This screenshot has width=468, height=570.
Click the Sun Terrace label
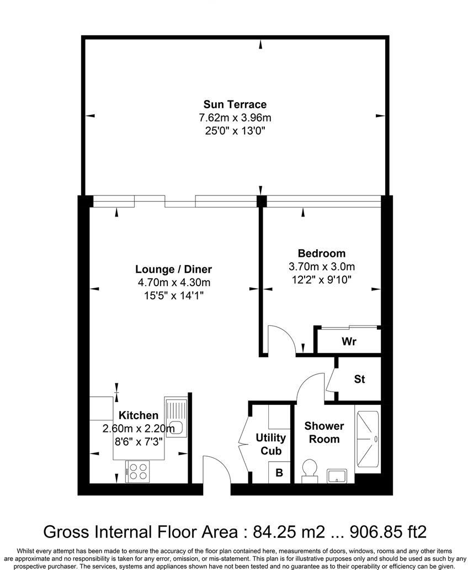pos(235,104)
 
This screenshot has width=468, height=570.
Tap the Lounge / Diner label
pos(174,270)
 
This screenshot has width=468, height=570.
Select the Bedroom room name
pos(321,254)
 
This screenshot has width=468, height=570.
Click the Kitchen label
pos(139,415)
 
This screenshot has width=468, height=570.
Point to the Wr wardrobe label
pos(349,341)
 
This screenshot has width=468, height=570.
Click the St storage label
pos(359,379)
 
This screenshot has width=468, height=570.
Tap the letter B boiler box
pos(279,472)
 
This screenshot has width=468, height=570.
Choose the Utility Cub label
pos(270,444)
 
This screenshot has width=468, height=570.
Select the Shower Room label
pos(324,432)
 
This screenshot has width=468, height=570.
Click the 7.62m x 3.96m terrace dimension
pos(235,118)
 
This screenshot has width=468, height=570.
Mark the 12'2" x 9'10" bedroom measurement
pos(321,279)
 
